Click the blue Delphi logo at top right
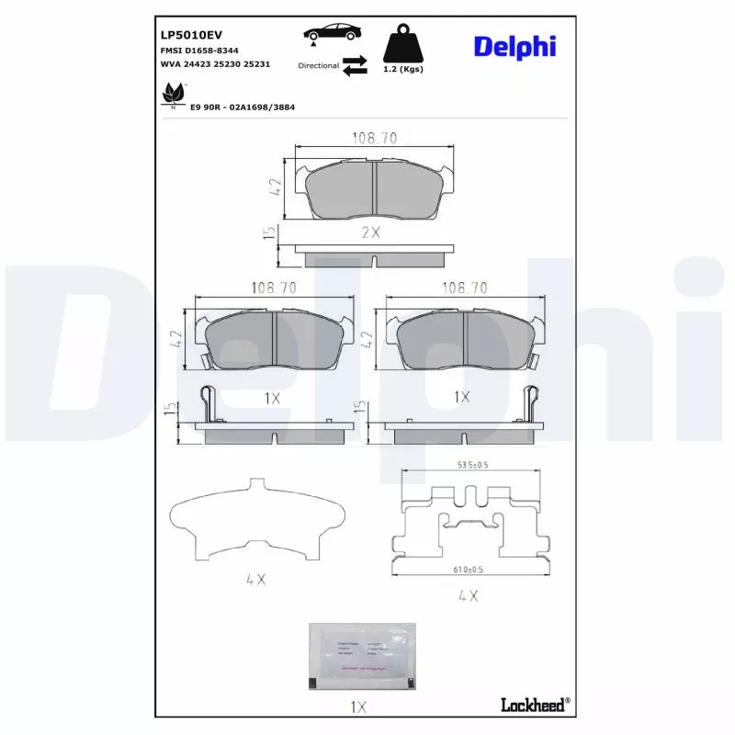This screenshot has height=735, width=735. [x=514, y=46]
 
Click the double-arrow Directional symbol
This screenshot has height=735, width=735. [x=355, y=66]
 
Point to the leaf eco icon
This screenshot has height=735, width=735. [x=173, y=94]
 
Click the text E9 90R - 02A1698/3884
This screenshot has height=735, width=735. [x=242, y=107]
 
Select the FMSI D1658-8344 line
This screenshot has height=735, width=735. [x=199, y=50]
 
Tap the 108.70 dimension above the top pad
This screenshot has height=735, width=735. [x=374, y=138]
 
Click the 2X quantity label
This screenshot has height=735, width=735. [x=370, y=232]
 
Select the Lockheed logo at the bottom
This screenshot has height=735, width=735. [x=535, y=705]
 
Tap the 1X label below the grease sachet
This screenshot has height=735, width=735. [x=358, y=707]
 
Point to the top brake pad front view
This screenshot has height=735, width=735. [x=374, y=190]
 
